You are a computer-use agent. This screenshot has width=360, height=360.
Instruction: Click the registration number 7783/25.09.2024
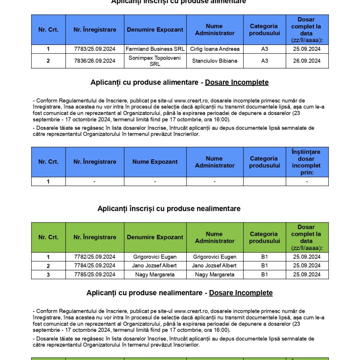95,49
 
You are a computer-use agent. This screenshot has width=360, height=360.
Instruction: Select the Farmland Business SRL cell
155,49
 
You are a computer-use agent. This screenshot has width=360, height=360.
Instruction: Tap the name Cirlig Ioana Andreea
214,49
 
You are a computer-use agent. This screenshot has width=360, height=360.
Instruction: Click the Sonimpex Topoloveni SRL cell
155,61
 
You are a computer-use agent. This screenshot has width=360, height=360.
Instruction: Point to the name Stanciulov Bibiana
214,61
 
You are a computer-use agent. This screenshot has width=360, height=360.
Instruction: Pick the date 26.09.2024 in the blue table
307,61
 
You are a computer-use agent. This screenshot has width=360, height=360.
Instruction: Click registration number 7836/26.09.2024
95,61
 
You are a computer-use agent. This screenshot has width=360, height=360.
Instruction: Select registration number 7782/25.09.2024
95,257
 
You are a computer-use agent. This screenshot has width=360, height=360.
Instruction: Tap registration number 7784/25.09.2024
95,265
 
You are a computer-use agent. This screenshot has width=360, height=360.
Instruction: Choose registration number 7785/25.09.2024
95,275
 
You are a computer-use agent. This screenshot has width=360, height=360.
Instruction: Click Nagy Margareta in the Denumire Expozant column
155,275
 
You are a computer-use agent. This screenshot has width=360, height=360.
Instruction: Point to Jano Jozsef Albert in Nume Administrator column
214,265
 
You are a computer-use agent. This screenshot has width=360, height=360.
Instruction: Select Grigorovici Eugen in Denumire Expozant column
155,257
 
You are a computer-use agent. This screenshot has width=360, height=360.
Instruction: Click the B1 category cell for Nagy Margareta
264,275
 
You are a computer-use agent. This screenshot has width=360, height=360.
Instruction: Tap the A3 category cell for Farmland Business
264,49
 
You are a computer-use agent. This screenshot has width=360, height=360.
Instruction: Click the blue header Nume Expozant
155,162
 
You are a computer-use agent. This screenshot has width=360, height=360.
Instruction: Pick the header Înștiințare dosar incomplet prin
307,162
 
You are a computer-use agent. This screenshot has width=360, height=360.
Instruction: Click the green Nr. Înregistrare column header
95,237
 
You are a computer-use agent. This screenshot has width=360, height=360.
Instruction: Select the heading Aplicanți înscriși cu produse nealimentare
169,209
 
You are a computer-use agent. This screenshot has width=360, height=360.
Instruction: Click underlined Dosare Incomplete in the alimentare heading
237,83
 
